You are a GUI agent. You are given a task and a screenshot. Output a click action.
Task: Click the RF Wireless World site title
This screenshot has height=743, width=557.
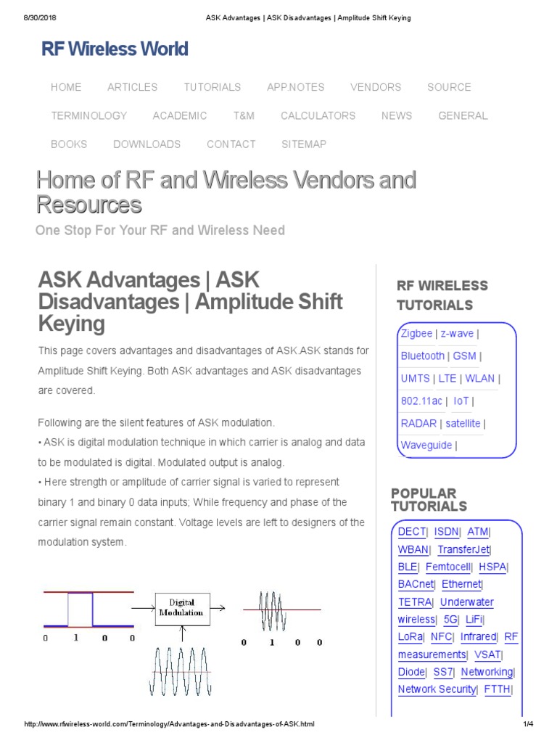point(115,49)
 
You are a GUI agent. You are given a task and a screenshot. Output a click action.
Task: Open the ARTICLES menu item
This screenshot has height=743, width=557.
point(132,87)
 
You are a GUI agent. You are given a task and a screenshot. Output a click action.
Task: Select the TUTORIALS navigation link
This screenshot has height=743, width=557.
point(212,87)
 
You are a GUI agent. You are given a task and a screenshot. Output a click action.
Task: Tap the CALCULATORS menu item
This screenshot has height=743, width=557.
point(318,115)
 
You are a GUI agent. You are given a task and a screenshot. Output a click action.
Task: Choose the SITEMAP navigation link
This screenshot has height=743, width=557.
point(304,144)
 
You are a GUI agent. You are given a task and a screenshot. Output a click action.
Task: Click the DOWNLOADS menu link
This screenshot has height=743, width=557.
point(147,144)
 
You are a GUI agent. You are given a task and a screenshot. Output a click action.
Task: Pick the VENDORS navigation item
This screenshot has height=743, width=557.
point(376,87)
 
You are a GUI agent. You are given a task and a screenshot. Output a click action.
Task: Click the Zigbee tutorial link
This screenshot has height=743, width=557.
point(416,334)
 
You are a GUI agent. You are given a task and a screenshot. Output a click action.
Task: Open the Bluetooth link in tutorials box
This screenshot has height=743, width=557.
point(423,356)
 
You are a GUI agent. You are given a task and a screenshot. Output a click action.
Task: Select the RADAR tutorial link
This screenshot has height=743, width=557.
point(418,423)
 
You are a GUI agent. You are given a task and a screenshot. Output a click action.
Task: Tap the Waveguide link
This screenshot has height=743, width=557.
point(426,446)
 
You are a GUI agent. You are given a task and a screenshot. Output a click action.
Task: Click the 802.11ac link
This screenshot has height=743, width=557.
point(421,401)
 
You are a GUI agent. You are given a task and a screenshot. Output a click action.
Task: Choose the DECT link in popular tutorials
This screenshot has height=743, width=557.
point(412,532)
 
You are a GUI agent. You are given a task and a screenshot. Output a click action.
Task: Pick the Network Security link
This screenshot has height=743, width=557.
point(437,689)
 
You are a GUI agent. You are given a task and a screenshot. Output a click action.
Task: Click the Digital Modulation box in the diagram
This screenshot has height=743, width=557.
point(182,607)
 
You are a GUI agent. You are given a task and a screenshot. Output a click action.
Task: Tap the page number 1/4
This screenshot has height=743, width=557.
point(527,725)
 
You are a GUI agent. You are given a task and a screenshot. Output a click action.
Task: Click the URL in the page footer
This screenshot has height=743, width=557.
point(170,725)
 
